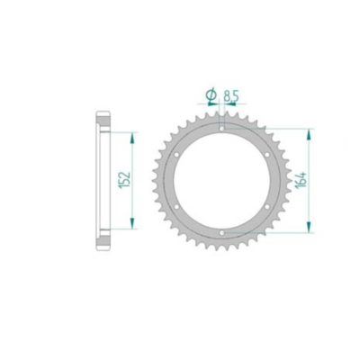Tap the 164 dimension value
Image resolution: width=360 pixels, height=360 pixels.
(298, 183)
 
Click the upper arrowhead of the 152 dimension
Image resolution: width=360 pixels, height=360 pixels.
(133, 136)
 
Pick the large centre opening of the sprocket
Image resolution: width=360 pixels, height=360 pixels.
(221, 182)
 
